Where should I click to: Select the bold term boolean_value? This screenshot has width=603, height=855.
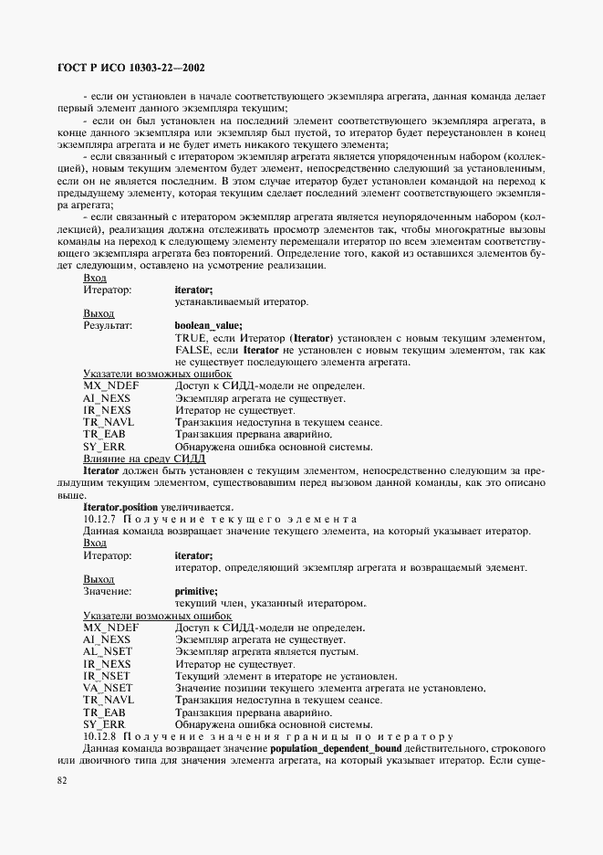tap(208, 324)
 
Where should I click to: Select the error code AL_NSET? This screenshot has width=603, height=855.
tap(108, 652)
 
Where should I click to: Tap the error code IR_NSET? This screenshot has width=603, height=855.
tap(108, 676)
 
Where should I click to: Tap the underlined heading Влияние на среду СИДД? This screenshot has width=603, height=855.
tap(138, 458)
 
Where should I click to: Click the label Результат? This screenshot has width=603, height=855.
tap(108, 324)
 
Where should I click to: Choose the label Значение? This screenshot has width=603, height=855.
tap(107, 591)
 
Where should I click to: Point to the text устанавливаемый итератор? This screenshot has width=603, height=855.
tap(242, 301)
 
